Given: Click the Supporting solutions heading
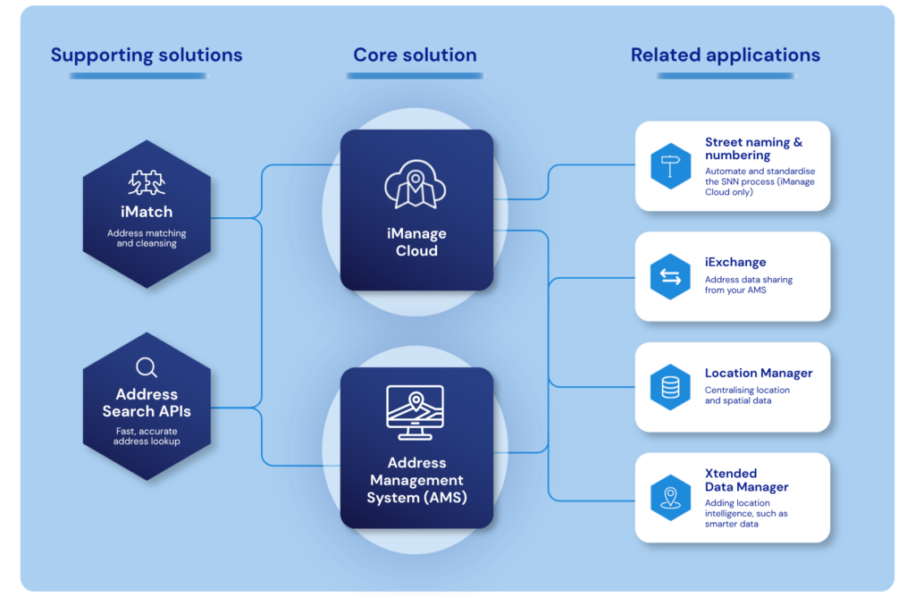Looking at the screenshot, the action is [147, 55].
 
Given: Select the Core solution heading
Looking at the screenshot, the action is [415, 55].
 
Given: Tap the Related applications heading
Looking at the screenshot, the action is [726, 55].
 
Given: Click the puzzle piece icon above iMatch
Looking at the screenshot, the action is [147, 182].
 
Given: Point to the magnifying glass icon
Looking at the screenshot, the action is [147, 367].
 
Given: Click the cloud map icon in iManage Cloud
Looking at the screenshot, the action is [416, 184].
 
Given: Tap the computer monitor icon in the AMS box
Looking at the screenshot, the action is [416, 412].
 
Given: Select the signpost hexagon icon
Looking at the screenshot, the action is [670, 166].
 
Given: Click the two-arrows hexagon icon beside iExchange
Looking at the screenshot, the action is [670, 277].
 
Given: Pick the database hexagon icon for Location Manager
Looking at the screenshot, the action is [670, 387].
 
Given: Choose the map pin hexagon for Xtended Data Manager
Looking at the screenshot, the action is [670, 497].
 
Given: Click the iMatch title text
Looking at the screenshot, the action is [147, 211].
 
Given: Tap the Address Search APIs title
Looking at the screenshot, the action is [147, 403].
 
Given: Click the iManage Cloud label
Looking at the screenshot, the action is [416, 242].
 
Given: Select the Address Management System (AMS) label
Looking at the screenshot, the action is [416, 480].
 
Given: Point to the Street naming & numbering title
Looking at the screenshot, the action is [753, 149].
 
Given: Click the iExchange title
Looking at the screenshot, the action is [735, 262].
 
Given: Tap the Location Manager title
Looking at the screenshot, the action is [759, 373].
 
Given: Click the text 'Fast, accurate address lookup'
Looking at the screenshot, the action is [147, 436].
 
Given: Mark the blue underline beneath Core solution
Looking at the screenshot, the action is [415, 75].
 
